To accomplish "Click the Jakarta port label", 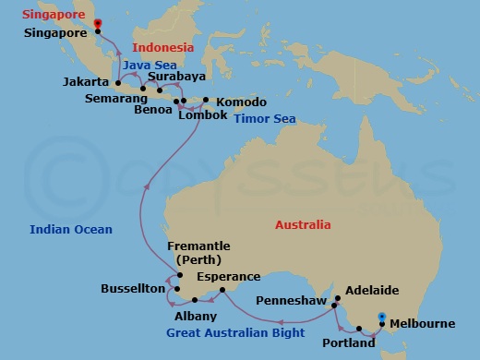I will coord(86,82).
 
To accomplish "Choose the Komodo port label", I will coord(240,101).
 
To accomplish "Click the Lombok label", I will coord(204,115).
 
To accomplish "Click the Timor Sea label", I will coord(264,119).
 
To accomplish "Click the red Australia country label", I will coord(303,224).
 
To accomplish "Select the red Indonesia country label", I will coord(162,47).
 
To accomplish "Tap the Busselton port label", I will coord(133,289).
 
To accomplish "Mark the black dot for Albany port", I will coord(193,300).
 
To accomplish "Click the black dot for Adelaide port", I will coord(338,298).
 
